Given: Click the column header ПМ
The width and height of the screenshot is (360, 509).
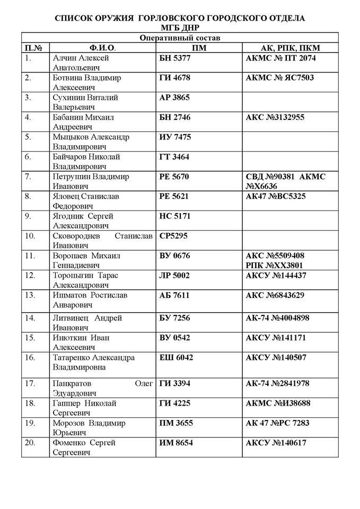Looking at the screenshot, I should pos(199,48).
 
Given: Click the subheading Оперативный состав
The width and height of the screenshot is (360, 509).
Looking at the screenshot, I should pos(180,38).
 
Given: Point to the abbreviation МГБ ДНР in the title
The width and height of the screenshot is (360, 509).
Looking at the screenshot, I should pos(180,27).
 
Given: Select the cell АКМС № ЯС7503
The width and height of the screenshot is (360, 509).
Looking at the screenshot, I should pos(279,78).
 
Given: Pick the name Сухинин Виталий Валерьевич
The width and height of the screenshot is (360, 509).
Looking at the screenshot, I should pos(85,102).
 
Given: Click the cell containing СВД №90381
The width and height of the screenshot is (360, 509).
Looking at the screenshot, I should pos(268,177).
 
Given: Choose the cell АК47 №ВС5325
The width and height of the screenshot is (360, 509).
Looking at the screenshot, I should pos(276,196).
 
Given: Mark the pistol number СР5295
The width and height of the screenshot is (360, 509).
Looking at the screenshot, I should pos(174,235).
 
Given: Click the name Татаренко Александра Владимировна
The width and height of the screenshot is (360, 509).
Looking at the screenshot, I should pos(93,362).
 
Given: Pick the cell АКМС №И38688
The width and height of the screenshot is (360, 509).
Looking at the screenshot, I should pos(278,403).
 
